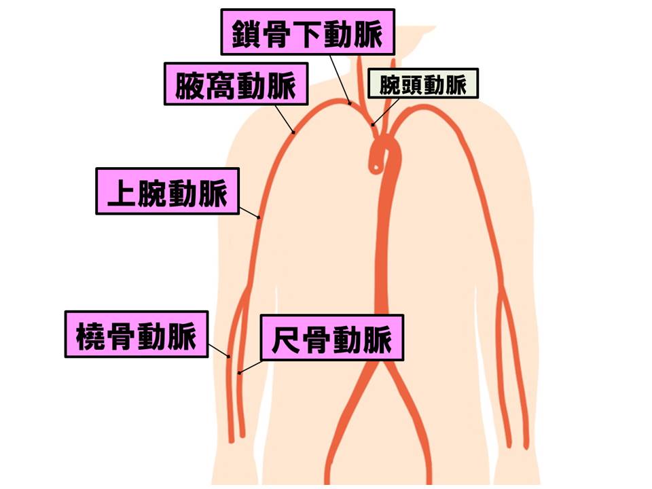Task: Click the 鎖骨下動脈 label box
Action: [x=307, y=32]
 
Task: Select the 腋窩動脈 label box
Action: [x=236, y=84]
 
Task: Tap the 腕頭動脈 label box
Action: [x=423, y=84]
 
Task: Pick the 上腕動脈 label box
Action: [x=168, y=192]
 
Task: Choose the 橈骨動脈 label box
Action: [x=137, y=334]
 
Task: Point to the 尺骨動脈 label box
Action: [x=332, y=338]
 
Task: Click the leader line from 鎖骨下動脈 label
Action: [x=340, y=79]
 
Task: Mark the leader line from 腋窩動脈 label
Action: [x=285, y=119]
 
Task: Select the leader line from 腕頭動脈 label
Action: [x=386, y=111]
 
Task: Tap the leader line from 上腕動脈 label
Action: [x=249, y=212]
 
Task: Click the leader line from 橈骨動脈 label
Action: [x=219, y=350]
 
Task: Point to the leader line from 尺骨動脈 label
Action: [x=251, y=367]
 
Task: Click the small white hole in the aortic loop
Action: [x=376, y=168]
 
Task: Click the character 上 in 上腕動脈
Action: [x=121, y=192]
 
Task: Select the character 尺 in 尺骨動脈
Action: [x=285, y=339]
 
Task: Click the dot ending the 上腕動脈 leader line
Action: [x=259, y=217]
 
